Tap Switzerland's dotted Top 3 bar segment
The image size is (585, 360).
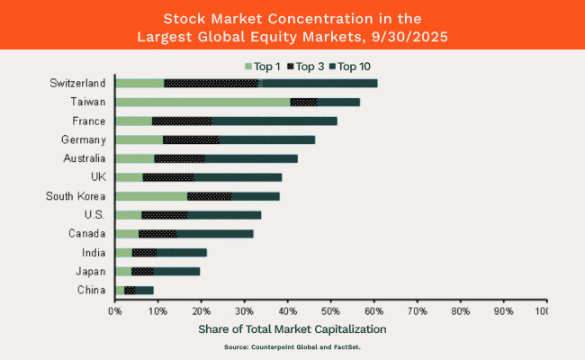[x=211, y=83]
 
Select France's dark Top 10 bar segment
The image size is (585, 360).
[x=274, y=121]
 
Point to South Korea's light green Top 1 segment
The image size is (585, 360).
[x=151, y=195]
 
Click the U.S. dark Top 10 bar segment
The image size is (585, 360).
[x=224, y=214]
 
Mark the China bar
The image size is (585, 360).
[x=135, y=290]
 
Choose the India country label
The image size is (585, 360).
[x=94, y=253]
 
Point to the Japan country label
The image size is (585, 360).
[x=92, y=271]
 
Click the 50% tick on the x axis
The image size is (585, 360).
[x=331, y=310]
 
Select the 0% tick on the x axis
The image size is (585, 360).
[x=115, y=310]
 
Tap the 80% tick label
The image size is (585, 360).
[x=460, y=310]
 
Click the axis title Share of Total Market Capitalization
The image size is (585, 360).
[x=292, y=328]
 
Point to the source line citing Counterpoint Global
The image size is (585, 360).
[x=292, y=346]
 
